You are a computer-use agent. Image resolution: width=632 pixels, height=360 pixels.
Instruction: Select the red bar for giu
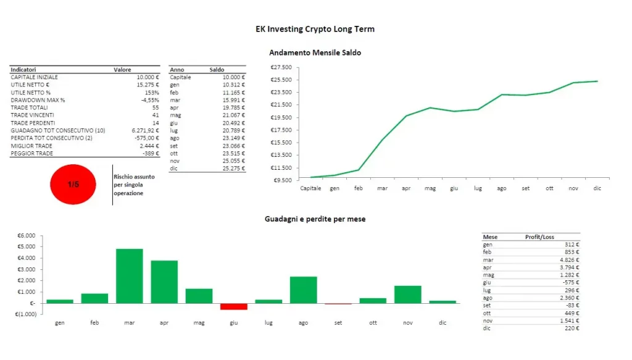[x=233, y=306]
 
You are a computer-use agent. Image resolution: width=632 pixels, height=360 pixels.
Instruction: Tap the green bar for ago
[x=303, y=290]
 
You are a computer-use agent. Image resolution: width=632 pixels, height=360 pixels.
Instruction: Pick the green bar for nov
[x=407, y=294]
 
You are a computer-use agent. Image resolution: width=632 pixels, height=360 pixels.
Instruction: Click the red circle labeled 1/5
[x=73, y=184]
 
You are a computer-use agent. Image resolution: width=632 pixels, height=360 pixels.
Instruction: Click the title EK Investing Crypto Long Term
[x=315, y=29]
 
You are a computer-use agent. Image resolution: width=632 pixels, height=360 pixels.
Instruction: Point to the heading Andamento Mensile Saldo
[x=315, y=53]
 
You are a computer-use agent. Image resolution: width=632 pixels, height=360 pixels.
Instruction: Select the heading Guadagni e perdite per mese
[x=315, y=219]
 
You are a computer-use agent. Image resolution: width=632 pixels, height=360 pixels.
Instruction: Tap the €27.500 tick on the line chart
[x=281, y=67]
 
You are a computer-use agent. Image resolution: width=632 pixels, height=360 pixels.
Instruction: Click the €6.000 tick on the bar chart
[x=26, y=236]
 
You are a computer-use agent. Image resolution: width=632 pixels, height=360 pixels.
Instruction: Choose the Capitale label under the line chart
[x=310, y=188]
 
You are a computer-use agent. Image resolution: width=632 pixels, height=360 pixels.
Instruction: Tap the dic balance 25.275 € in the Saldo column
[x=233, y=168]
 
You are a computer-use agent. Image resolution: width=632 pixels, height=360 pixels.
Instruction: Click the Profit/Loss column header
[x=539, y=237]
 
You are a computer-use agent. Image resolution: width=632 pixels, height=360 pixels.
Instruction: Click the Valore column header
[x=122, y=70]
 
